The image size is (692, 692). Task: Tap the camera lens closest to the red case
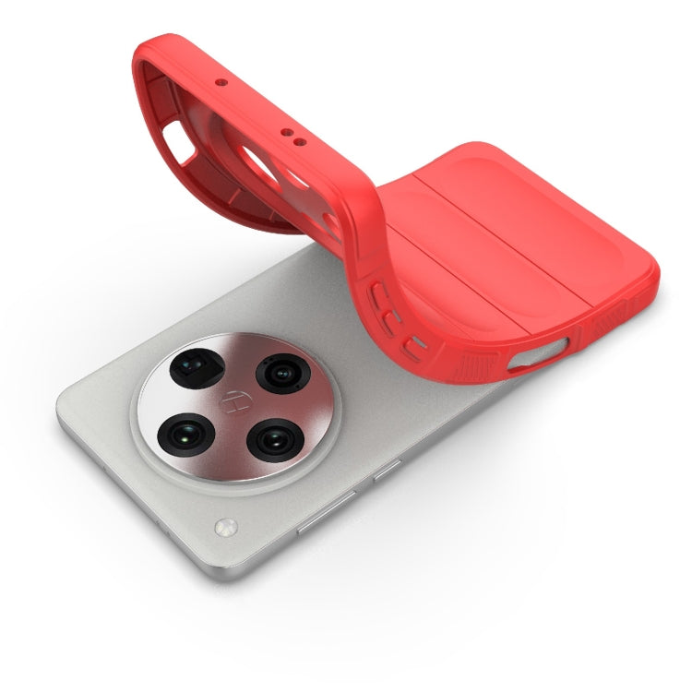[x=279, y=373]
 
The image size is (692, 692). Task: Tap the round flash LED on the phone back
[x=223, y=529]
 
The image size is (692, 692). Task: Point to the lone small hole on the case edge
[x=221, y=82]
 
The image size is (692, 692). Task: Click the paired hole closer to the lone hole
[x=285, y=132]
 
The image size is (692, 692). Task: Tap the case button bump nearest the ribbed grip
[x=418, y=349]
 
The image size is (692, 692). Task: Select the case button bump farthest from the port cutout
[x=379, y=295]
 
